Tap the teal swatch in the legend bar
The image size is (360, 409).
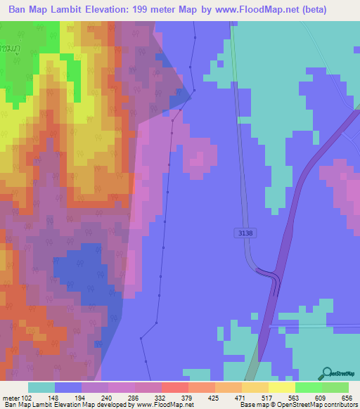click(41, 387)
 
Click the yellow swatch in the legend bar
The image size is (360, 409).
click(281, 387)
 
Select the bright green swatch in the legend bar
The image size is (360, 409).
click(308, 387)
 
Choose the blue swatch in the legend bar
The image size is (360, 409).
click(68, 387)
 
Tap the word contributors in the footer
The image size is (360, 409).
click(337, 405)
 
